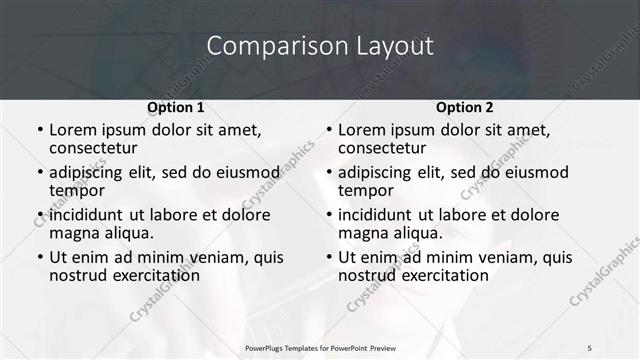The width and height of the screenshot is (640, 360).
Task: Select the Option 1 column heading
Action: click(x=176, y=107)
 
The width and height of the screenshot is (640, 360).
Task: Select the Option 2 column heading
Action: click(x=465, y=107)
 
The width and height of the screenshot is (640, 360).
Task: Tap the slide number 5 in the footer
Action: click(x=590, y=347)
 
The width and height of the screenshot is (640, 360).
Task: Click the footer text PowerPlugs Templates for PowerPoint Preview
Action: click(x=320, y=347)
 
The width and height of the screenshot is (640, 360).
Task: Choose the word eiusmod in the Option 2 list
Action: click(x=536, y=173)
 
